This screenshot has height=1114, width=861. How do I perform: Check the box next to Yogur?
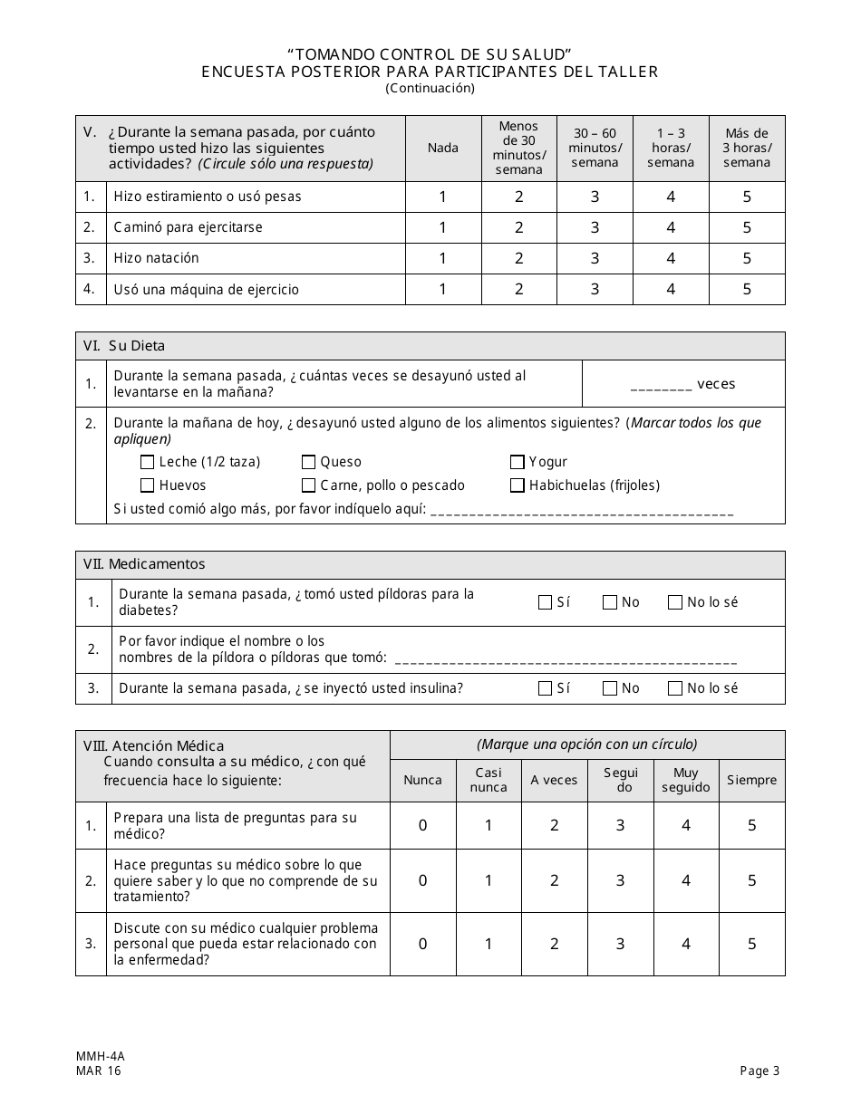(x=518, y=462)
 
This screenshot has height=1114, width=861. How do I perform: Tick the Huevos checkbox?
(x=148, y=485)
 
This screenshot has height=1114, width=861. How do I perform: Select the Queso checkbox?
(x=309, y=462)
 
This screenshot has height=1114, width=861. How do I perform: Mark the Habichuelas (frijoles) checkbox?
(x=518, y=485)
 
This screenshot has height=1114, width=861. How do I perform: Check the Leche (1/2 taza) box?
(x=148, y=462)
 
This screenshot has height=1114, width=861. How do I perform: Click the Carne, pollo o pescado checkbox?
(x=309, y=485)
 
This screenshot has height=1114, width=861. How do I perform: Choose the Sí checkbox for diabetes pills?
(x=545, y=602)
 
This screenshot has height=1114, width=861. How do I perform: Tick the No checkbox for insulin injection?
(x=610, y=688)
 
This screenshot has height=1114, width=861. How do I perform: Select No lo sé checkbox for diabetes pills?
(x=675, y=602)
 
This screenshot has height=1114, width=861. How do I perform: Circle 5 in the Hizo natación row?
(x=747, y=258)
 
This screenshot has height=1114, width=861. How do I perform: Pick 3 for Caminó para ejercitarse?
(x=595, y=227)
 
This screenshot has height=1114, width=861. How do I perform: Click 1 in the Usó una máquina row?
(x=442, y=290)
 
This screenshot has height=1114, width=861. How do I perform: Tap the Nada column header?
(x=442, y=148)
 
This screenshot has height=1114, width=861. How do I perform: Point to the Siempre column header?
(x=751, y=780)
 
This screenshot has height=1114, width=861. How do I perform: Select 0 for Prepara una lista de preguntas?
(x=422, y=825)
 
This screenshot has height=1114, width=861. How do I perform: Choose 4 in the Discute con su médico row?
(x=686, y=944)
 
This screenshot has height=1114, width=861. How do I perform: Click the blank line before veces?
(x=661, y=385)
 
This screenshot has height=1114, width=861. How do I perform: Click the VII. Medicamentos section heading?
(x=144, y=564)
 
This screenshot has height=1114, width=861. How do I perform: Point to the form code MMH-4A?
(x=94, y=1056)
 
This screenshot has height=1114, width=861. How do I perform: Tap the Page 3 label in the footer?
(x=759, y=1071)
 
